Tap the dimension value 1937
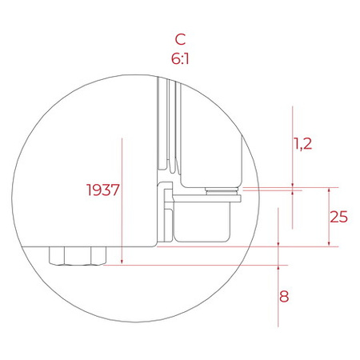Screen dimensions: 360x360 click(102, 190)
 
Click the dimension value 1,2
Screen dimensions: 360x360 click(302, 144)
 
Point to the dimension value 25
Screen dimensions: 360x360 click(339, 216)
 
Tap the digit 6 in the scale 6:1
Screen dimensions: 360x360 click(174, 58)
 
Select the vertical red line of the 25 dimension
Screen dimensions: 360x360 click(329, 217)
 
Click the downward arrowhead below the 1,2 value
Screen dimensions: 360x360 click(294, 182)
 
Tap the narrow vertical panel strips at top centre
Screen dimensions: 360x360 click(166, 120)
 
